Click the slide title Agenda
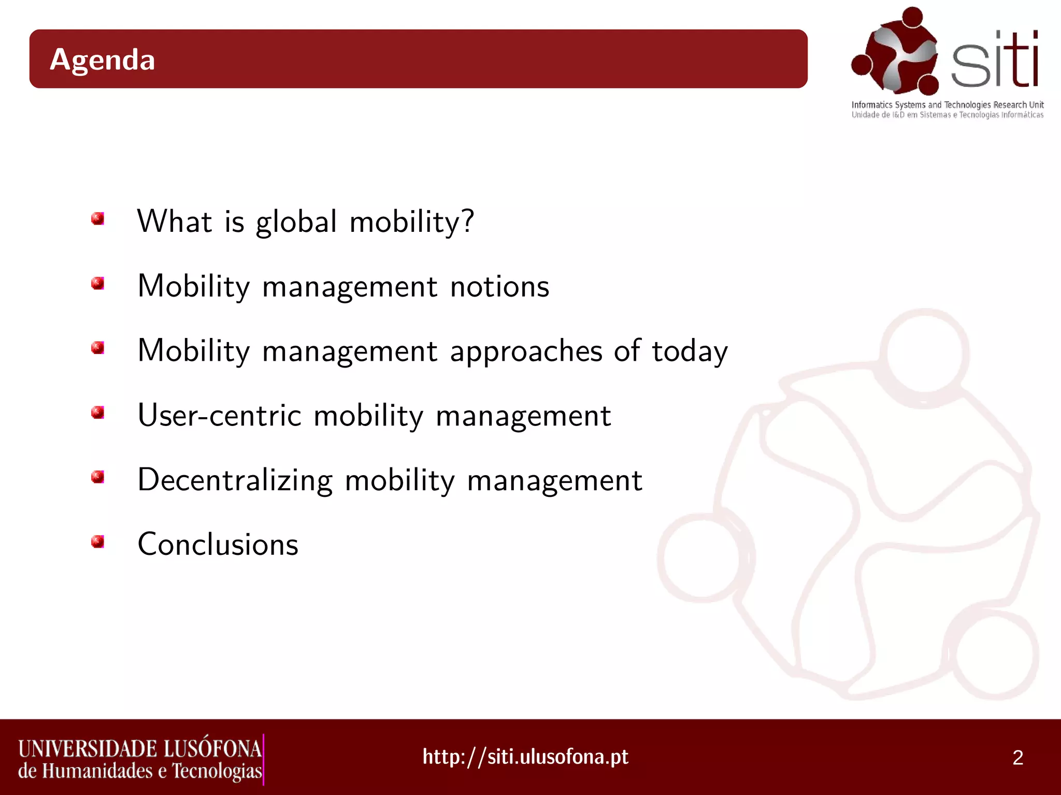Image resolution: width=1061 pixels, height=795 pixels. pyautogui.click(x=103, y=60)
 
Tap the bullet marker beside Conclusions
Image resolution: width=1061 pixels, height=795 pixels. pyautogui.click(x=97, y=541)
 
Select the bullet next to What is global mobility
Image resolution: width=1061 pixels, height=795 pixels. pyautogui.click(x=97, y=218)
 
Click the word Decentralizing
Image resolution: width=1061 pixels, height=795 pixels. pyautogui.click(x=235, y=480)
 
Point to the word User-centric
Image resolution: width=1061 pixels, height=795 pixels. pyautogui.click(x=219, y=415)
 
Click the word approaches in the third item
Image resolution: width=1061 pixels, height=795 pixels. pyautogui.click(x=526, y=351)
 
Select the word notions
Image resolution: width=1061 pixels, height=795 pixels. pyautogui.click(x=499, y=286)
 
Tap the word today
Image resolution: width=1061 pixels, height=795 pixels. pyautogui.click(x=690, y=351)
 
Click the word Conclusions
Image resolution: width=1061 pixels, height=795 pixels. pyautogui.click(x=218, y=544)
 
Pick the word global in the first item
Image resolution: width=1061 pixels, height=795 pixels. pyautogui.click(x=296, y=222)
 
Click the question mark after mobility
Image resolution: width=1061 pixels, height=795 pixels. pyautogui.click(x=467, y=221)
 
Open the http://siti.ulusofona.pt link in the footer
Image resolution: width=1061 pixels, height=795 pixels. pyautogui.click(x=525, y=757)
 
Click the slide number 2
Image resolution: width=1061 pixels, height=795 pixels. pyautogui.click(x=1017, y=758)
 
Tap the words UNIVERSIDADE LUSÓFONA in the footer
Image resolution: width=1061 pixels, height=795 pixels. pyautogui.click(x=140, y=748)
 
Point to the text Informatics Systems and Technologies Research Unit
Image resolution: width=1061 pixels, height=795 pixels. pyautogui.click(x=947, y=105)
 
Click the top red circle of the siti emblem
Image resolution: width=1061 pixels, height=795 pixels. pyautogui.click(x=912, y=17)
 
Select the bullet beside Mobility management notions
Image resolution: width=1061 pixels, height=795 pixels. pyautogui.click(x=97, y=283)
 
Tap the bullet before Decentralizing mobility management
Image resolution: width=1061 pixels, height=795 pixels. pyautogui.click(x=97, y=477)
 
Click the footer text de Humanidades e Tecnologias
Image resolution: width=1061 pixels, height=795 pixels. pyautogui.click(x=140, y=771)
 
